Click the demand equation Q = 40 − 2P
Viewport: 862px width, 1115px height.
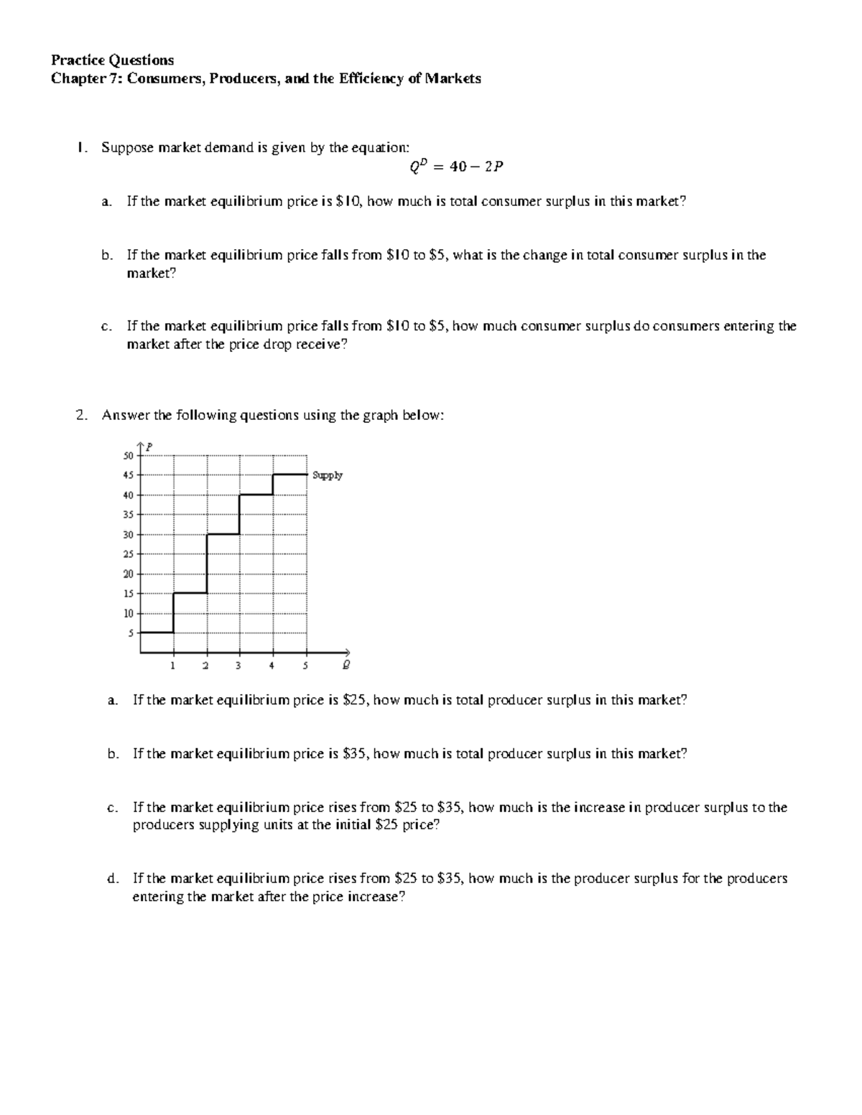[456, 167]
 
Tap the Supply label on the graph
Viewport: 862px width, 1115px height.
[328, 475]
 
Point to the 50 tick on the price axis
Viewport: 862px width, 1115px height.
[129, 456]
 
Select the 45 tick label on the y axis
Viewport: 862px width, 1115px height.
[129, 475]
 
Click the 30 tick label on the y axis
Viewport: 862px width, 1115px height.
[129, 535]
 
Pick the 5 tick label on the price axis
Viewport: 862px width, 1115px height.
[131, 633]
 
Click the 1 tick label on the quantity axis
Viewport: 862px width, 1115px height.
[173, 666]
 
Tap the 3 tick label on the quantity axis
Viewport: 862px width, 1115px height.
[238, 666]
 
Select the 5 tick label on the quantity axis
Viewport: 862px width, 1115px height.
[305, 666]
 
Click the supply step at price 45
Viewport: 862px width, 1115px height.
[289, 475]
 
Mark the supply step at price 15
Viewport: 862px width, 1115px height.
[190, 593]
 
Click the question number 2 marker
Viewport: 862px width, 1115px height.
[80, 416]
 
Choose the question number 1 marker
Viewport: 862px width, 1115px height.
[80, 148]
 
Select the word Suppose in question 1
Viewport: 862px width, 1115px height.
[127, 148]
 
